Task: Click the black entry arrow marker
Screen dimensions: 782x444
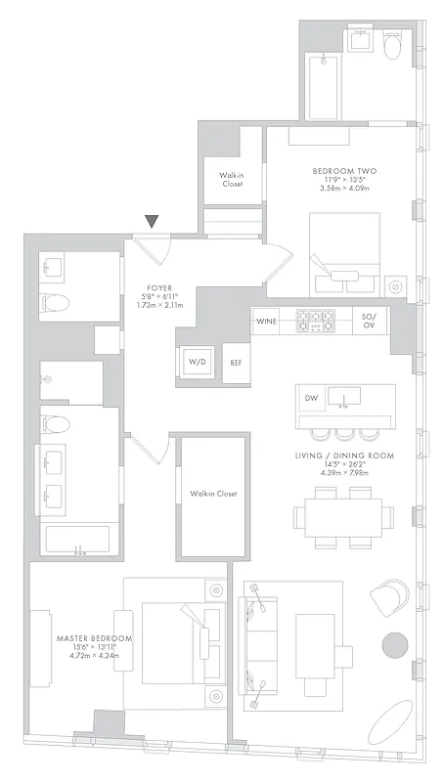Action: [152, 222]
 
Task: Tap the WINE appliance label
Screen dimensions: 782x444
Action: [266, 321]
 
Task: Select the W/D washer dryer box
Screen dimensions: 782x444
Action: [199, 362]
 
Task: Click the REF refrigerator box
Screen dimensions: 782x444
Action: [236, 363]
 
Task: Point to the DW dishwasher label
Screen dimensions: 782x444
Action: [311, 398]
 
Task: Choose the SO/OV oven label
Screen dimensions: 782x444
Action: [369, 321]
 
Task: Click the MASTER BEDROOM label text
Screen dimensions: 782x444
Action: [93, 638]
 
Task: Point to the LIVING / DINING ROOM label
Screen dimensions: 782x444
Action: [344, 456]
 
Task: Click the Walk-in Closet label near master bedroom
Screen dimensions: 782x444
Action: [213, 494]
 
